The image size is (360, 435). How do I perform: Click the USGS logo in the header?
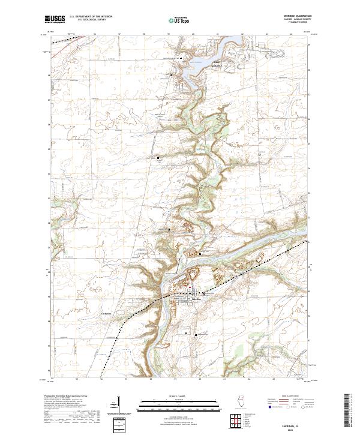pyautogui.click(x=55, y=20)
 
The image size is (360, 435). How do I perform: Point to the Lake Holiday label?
pyautogui.click(x=199, y=61)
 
